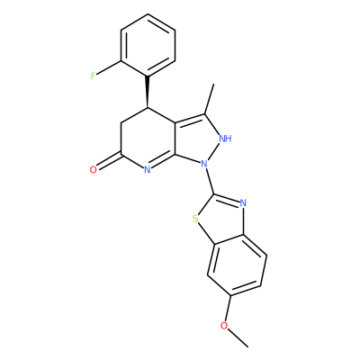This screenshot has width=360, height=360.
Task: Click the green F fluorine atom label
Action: [x=93, y=76]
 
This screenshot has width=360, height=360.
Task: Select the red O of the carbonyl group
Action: [x=94, y=170]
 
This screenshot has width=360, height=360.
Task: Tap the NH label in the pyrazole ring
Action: [x=225, y=139]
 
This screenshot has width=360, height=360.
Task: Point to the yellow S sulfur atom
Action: [x=195, y=219]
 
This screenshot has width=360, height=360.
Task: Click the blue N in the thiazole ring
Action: [x=243, y=203]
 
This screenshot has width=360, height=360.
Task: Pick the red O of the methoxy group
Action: [x=224, y=326]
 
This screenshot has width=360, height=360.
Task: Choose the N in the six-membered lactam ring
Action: [x=147, y=170]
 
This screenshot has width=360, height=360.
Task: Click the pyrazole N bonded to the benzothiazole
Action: [x=204, y=164]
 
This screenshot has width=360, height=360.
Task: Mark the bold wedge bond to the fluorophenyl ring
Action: [x=148, y=92]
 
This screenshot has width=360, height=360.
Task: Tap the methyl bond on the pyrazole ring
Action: [x=209, y=99]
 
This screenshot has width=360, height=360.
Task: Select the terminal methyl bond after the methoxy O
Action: [x=238, y=338]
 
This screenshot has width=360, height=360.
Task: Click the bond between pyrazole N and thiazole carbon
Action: [x=210, y=181]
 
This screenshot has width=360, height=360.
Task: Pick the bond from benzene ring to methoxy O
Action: [x=228, y=309]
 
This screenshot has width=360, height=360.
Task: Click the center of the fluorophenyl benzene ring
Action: [x=148, y=45]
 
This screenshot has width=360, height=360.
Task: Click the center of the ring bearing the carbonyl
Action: [x=148, y=139]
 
